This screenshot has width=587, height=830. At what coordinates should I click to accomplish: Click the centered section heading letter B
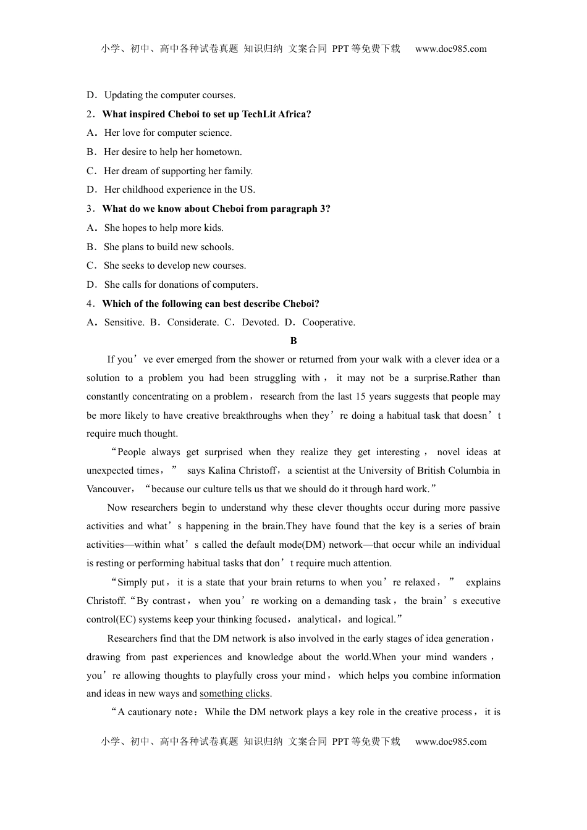[x=293, y=341]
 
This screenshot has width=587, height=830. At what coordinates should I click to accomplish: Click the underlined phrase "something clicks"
[x=235, y=694]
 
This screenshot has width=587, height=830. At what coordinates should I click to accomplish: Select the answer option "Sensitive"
[x=124, y=322]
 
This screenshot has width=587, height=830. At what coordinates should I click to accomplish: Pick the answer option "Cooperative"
[x=328, y=322]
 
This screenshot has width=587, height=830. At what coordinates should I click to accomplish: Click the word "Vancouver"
[x=109, y=489]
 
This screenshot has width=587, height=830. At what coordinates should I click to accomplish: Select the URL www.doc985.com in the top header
[x=450, y=49]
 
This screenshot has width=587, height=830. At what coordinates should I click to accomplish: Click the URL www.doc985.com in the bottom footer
[x=450, y=742]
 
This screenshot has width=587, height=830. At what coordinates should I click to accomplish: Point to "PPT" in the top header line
[x=340, y=49]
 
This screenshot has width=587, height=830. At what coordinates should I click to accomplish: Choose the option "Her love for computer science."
[x=167, y=133]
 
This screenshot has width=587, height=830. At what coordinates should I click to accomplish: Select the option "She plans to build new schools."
[x=168, y=247]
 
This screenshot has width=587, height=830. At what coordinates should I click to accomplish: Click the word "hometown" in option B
[x=221, y=152]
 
